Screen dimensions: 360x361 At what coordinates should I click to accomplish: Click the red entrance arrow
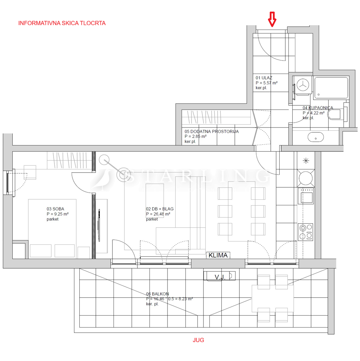[272, 19]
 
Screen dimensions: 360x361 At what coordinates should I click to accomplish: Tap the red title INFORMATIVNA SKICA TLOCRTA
[62, 23]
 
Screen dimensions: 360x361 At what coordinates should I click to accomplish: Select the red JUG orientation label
[198, 340]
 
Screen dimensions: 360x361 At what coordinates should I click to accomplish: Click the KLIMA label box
[218, 255]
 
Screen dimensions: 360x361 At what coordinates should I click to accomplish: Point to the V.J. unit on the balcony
[219, 276]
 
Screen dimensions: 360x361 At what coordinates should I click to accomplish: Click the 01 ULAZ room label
[264, 78]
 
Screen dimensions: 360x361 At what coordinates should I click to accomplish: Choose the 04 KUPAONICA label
[318, 108]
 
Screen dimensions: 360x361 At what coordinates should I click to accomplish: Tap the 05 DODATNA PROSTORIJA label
[212, 131]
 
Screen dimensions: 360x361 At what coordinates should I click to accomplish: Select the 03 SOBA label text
[55, 209]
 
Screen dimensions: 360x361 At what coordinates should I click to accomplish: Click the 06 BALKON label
[157, 294]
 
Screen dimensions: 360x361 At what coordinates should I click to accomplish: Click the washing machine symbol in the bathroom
[303, 85]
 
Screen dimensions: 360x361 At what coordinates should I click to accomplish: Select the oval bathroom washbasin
[316, 137]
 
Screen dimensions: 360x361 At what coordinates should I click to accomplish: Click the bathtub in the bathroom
[331, 88]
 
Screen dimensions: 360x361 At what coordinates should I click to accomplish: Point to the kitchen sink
[306, 196]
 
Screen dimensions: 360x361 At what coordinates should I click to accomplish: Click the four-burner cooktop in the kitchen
[306, 232]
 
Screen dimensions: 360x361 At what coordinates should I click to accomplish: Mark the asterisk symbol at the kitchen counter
[306, 161]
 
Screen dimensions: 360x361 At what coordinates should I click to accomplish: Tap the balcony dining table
[273, 298]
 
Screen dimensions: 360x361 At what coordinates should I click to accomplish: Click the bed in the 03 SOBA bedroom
[52, 228]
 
